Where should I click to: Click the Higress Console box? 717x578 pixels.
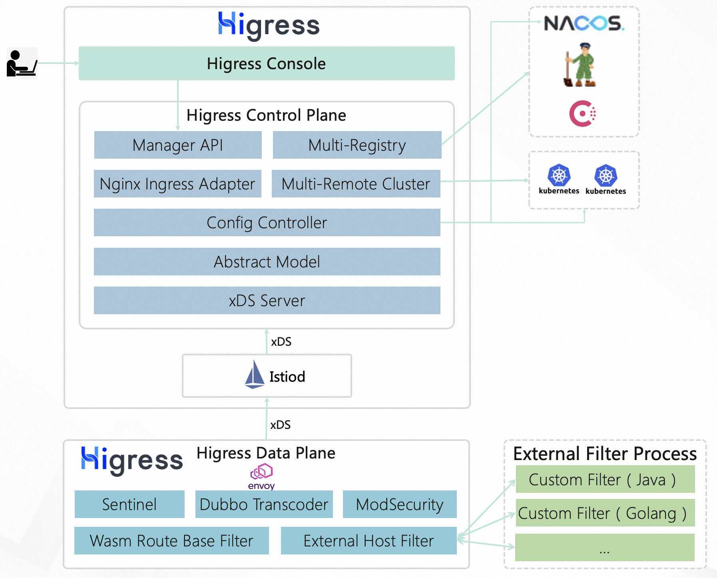pyautogui.click(x=267, y=63)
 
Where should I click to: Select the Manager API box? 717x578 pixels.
pyautogui.click(x=178, y=145)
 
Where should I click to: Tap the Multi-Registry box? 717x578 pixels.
pyautogui.click(x=357, y=145)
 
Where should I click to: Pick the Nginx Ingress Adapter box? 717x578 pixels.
pyautogui.click(x=177, y=183)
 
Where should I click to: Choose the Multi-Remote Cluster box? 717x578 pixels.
pyautogui.click(x=356, y=183)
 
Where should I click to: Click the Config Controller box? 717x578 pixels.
pyautogui.click(x=267, y=222)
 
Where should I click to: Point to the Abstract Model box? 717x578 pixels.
pyautogui.click(x=267, y=261)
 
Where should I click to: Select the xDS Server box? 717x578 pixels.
pyautogui.click(x=267, y=300)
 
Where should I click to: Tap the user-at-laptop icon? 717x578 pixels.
pyautogui.click(x=22, y=63)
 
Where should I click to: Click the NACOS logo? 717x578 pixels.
pyautogui.click(x=584, y=23)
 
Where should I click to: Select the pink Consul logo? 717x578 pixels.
pyautogui.click(x=582, y=114)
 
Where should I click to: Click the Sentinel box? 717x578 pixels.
pyautogui.click(x=129, y=504)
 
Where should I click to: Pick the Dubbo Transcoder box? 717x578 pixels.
pyautogui.click(x=264, y=504)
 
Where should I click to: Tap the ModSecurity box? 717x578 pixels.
pyautogui.click(x=400, y=504)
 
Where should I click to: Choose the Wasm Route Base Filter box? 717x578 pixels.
pyautogui.click(x=171, y=540)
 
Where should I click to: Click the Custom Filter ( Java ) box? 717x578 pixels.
pyautogui.click(x=605, y=479)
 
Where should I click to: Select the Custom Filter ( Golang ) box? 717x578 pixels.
pyautogui.click(x=605, y=512)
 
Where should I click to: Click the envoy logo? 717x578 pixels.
pyautogui.click(x=261, y=476)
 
